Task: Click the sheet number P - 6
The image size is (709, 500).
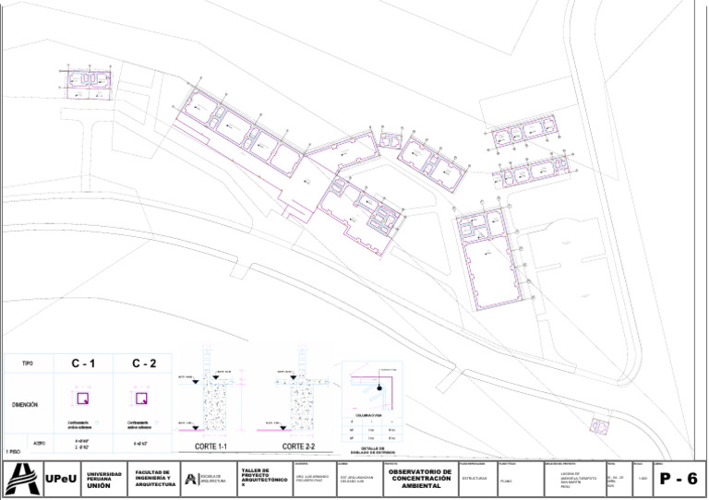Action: [679, 479]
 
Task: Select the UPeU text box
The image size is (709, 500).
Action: [62, 479]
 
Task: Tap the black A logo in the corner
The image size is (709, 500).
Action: [20, 479]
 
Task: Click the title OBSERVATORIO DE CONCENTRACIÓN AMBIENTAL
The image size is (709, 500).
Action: [421, 479]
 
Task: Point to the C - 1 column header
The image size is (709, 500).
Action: [83, 364]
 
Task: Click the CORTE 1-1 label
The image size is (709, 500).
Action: [210, 446]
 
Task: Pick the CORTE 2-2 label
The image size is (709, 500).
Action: [299, 446]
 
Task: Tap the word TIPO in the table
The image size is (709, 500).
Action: [28, 364]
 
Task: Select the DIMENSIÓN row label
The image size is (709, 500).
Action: [26, 405]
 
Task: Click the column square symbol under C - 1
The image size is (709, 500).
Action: [82, 399]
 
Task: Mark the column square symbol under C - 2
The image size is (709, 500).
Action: [142, 399]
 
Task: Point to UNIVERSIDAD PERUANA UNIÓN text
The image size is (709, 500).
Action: [104, 479]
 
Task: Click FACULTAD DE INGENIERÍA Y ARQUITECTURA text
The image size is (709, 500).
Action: [154, 479]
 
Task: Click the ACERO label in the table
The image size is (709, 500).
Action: [39, 444]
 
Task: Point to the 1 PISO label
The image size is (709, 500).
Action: [13, 451]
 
